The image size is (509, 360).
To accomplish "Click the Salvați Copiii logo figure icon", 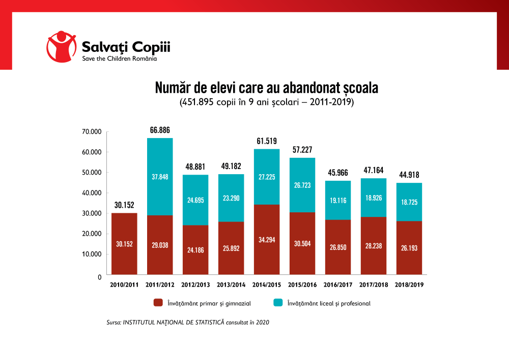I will coord(61,47).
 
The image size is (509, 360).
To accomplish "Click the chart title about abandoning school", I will coord(266,88).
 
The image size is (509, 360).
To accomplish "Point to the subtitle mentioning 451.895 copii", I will coord(266,102).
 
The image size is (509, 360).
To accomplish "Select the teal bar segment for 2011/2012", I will coord(160,176).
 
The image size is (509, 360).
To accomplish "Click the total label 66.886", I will coord(160,130).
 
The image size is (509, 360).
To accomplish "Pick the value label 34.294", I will coord(267,239).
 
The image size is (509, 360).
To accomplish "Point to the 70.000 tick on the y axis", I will coord(92,132).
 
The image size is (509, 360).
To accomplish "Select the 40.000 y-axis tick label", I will coord(92,193).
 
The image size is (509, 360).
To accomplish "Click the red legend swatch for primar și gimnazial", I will coord(158,303).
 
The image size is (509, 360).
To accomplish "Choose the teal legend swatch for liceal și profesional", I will coord(278,303).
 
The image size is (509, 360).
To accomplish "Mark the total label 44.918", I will coord(409,175).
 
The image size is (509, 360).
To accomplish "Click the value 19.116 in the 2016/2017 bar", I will coord(338,201).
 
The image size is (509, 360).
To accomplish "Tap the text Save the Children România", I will coord(120,59).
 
